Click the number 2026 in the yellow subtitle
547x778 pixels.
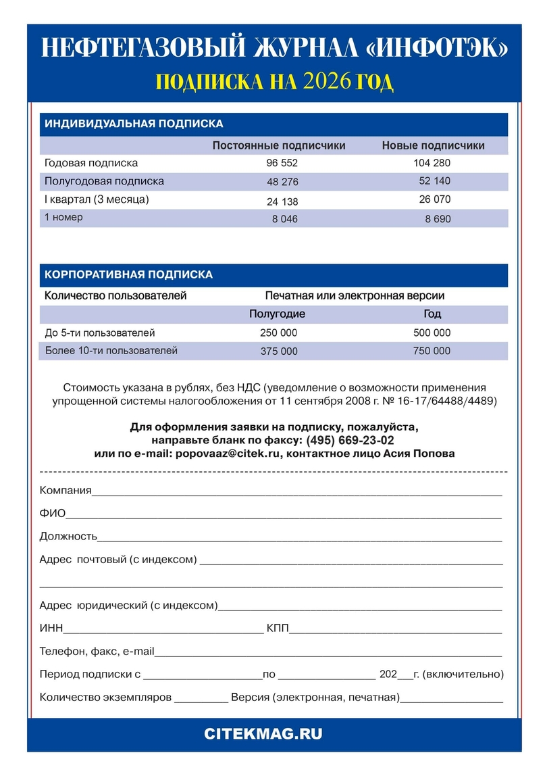tap(328, 82)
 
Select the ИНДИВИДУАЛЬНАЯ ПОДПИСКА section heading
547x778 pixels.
tap(134, 124)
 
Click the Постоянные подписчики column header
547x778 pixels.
tap(279, 145)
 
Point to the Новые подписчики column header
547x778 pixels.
tap(433, 145)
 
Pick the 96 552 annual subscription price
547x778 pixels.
tap(282, 164)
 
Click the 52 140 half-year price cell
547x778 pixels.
tap(434, 181)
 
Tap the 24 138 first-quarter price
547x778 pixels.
tap(282, 201)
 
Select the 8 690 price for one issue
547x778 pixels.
tap(438, 219)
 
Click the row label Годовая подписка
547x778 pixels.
tap(91, 163)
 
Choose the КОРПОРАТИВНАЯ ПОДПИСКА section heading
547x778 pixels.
tap(128, 275)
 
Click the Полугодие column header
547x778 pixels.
tap(277, 314)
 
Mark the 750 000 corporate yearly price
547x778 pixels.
tap(432, 351)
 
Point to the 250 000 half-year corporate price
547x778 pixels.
tap(278, 333)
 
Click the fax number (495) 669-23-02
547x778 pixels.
tap(350, 440)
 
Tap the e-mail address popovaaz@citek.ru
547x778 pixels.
tap(228, 454)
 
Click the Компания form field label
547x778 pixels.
tap(66, 490)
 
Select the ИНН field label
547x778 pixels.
tap(51, 629)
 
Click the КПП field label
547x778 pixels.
tap(278, 629)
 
